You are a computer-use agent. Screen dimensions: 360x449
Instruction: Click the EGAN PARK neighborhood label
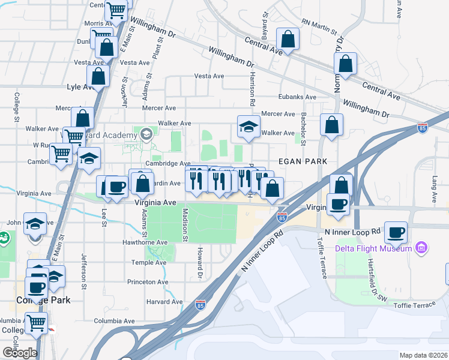[x=303, y=161]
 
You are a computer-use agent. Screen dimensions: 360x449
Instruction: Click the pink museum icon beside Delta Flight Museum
[x=421, y=248]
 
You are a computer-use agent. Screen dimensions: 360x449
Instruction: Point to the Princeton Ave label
[x=146, y=281]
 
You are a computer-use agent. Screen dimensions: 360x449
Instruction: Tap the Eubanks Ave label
[x=297, y=97]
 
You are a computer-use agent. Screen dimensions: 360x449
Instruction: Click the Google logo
[x=20, y=353]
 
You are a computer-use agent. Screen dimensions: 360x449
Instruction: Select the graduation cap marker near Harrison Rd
[x=249, y=126]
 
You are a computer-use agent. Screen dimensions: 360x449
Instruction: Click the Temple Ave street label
[x=149, y=262]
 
